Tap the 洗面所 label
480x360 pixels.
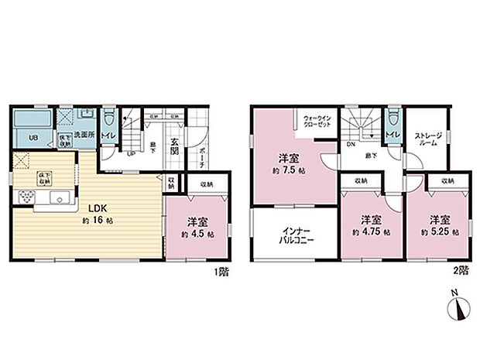click(84, 134)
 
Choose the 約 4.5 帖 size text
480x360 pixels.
click(198, 231)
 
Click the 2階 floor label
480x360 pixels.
click(462, 273)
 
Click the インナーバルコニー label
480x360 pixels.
click(293, 235)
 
